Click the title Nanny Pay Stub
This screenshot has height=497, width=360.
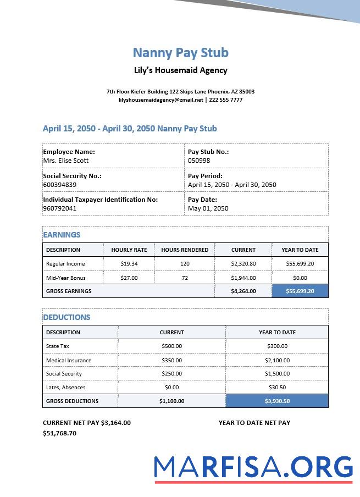point(180,53)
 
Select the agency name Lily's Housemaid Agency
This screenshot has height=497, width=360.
point(180,70)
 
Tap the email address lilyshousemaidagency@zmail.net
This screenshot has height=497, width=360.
point(160,100)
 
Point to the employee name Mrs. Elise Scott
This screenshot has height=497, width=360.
point(66,161)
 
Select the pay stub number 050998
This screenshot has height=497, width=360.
point(199,161)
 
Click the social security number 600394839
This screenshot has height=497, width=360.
point(60,185)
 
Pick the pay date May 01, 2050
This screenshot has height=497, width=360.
point(208,208)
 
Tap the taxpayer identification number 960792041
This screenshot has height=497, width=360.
point(60,208)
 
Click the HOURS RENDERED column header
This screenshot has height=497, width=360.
point(185,250)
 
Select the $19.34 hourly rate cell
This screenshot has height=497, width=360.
point(129,264)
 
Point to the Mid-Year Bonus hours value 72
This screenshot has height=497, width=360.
point(185,278)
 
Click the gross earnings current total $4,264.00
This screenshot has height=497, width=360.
point(243,291)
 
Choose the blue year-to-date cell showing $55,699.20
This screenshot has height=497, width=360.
point(300,291)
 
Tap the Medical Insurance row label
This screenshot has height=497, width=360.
point(69,361)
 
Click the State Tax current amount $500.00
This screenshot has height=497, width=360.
point(171,346)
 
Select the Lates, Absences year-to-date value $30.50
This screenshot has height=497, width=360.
point(277,388)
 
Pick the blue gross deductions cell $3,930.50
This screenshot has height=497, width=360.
point(277,401)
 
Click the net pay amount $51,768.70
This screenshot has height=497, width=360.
point(59,433)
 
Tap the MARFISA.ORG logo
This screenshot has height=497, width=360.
point(253,467)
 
